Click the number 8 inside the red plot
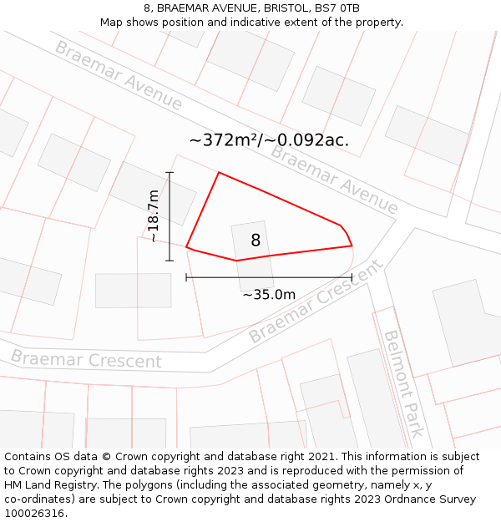(x=256, y=241)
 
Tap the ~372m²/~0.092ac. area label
(x=269, y=140)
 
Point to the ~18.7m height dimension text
(x=154, y=215)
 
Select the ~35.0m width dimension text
(x=269, y=294)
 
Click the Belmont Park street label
(x=402, y=383)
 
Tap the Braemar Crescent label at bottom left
(x=86, y=359)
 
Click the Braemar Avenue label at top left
(x=118, y=74)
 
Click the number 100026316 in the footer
(x=34, y=513)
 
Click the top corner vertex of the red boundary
(x=219, y=173)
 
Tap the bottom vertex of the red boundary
(x=236, y=261)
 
